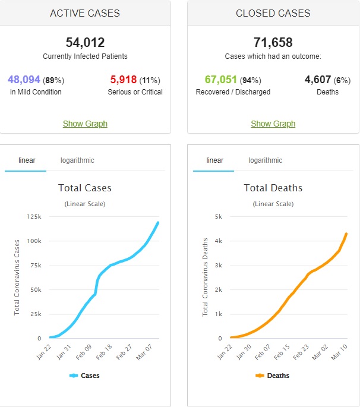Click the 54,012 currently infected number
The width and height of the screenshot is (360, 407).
pos(85,43)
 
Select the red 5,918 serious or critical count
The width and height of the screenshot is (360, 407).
pos(124,80)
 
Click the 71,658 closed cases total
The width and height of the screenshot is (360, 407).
pos(273,43)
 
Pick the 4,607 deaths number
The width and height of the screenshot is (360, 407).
pos(317,80)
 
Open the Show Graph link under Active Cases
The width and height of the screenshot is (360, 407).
pos(85,124)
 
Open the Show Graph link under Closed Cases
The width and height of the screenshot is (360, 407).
pos(273,124)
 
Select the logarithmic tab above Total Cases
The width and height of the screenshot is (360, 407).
pos(77,160)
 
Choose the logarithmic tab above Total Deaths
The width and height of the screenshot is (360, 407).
pos(265,160)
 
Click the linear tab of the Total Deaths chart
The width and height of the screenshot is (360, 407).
pos(214,160)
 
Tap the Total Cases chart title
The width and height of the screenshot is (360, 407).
pos(85,188)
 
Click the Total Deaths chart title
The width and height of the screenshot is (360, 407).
pos(273,188)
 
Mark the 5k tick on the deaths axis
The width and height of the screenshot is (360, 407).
pos(217,217)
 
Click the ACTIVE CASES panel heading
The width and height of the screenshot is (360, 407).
pos(85,13)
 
